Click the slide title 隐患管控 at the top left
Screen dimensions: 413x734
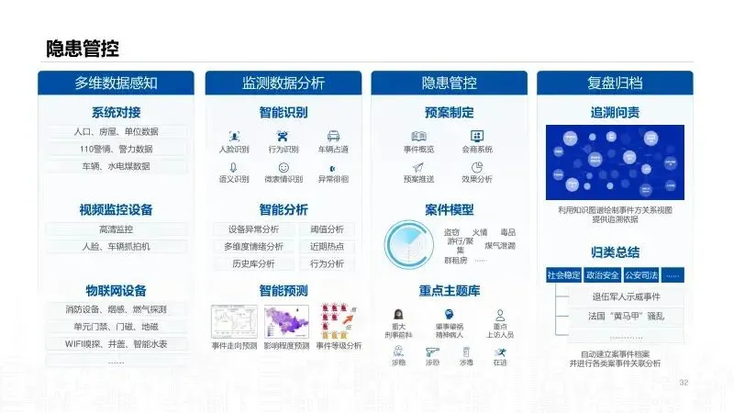(x=83, y=49)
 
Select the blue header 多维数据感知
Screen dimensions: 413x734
(x=116, y=84)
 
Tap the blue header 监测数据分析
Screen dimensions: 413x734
(x=283, y=84)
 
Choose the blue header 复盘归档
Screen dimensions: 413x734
(x=615, y=84)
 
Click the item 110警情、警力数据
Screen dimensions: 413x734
(x=116, y=149)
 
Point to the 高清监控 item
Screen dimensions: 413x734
(x=116, y=229)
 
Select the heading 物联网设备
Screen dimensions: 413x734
(x=116, y=291)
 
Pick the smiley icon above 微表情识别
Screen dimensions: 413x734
(x=284, y=167)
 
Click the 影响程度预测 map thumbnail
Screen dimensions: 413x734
(x=286, y=322)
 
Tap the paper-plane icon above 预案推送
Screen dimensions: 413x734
(x=417, y=167)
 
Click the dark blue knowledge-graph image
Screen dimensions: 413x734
(x=615, y=162)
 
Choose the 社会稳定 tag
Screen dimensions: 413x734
(x=563, y=273)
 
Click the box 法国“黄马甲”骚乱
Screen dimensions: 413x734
(x=627, y=316)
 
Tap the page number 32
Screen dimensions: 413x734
(x=683, y=382)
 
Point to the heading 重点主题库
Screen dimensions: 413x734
(x=449, y=291)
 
